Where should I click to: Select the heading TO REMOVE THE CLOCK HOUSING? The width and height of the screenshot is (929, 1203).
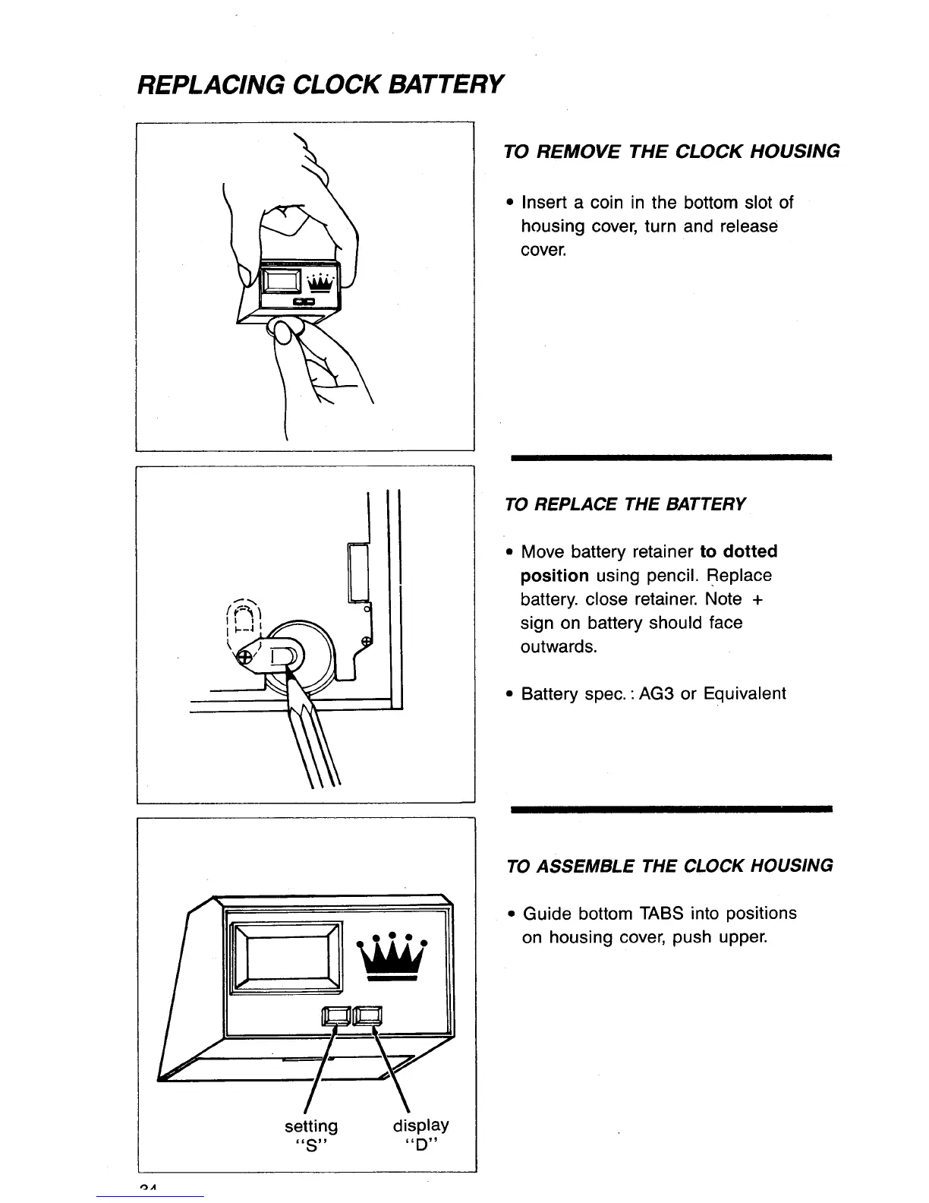[x=672, y=151]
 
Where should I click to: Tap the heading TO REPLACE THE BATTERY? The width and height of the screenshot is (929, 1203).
[x=625, y=504]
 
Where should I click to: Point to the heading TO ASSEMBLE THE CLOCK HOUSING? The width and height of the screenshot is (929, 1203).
[x=669, y=866]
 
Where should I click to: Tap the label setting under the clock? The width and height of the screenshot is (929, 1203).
[x=311, y=1126]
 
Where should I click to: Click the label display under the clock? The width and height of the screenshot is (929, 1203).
[x=420, y=1125]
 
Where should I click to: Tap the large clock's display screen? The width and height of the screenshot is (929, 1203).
[x=285, y=955]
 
